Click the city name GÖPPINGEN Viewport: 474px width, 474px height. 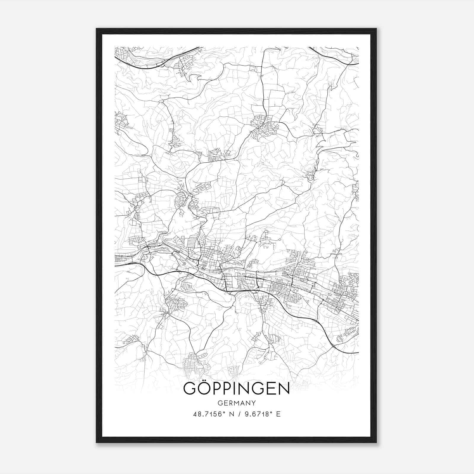coord(236,389)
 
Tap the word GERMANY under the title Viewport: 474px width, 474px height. coord(237,403)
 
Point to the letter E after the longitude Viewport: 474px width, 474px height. coord(278,414)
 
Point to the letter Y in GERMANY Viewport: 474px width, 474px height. coord(253,403)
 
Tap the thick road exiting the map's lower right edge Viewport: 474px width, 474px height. coord(350,352)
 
